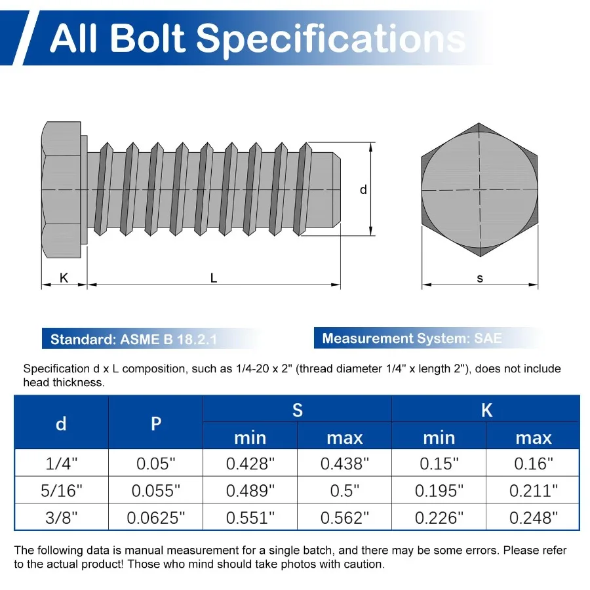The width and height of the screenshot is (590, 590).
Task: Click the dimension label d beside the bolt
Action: coord(363,190)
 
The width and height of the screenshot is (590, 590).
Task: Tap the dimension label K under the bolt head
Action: coord(64,278)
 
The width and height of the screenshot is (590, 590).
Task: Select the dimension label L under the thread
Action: coord(214,278)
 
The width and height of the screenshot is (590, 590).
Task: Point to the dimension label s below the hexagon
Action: coord(480,278)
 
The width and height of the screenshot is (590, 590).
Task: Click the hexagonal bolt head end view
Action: coord(479,189)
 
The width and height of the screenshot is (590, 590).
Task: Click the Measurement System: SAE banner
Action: coord(412,339)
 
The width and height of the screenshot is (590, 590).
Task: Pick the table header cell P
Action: coord(155,423)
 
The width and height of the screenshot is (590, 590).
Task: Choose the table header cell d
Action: coord(61,423)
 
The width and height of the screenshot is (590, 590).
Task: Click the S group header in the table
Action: coord(297,410)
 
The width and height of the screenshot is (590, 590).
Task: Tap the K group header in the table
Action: coord(486,410)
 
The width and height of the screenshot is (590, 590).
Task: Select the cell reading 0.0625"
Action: coord(155,518)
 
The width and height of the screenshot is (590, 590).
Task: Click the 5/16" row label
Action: coord(61,491)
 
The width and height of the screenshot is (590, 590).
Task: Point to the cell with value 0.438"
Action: coord(344,464)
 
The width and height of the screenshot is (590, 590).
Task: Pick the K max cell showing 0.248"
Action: coord(533,518)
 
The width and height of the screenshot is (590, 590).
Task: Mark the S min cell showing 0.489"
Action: coord(250,491)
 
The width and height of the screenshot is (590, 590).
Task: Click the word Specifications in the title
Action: coord(331,38)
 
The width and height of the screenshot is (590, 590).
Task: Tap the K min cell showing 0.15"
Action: coord(439,464)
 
